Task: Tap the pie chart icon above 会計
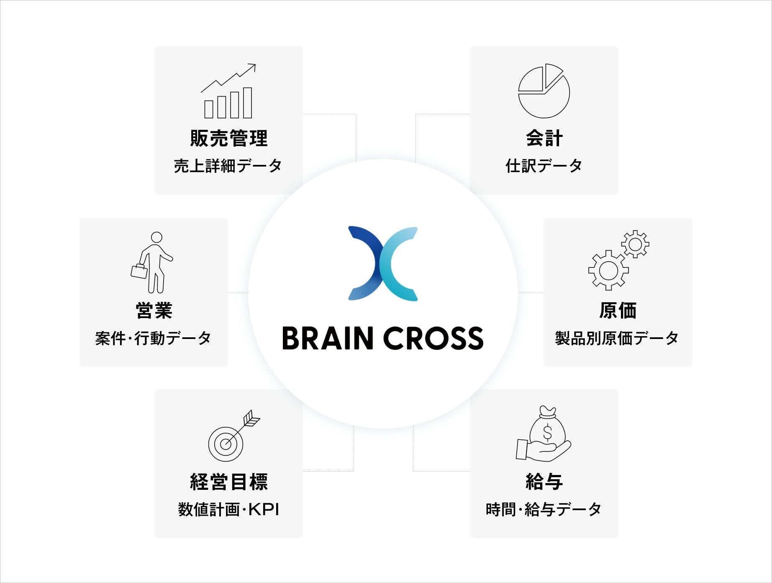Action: [x=544, y=91]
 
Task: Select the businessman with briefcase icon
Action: [x=153, y=262]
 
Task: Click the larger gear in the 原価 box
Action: [x=608, y=270]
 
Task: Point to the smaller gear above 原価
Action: [x=635, y=244]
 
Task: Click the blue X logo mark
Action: [x=383, y=264]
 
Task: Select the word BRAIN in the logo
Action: [x=328, y=338]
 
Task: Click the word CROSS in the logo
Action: [x=433, y=338]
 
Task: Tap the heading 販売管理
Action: [x=228, y=138]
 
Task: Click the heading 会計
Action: [x=544, y=138]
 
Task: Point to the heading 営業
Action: [x=154, y=310]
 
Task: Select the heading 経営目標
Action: [x=228, y=482]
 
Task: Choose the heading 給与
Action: [x=544, y=482]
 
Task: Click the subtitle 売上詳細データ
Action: [x=228, y=166]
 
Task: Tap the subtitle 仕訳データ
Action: [x=544, y=166]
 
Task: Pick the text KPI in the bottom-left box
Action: [x=264, y=510]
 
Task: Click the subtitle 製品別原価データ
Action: [x=617, y=338]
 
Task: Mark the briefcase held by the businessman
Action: [x=139, y=272]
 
